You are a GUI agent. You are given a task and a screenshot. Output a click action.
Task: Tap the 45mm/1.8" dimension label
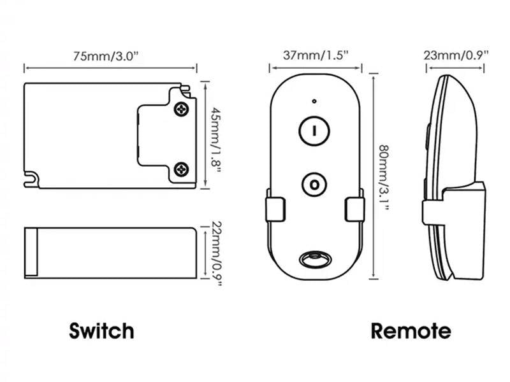pos(217,134)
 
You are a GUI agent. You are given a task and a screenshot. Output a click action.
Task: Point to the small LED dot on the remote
pos(314,101)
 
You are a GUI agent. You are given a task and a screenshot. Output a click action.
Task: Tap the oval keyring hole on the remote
pos(314,258)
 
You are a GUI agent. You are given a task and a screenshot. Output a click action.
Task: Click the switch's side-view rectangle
pos(110,252)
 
